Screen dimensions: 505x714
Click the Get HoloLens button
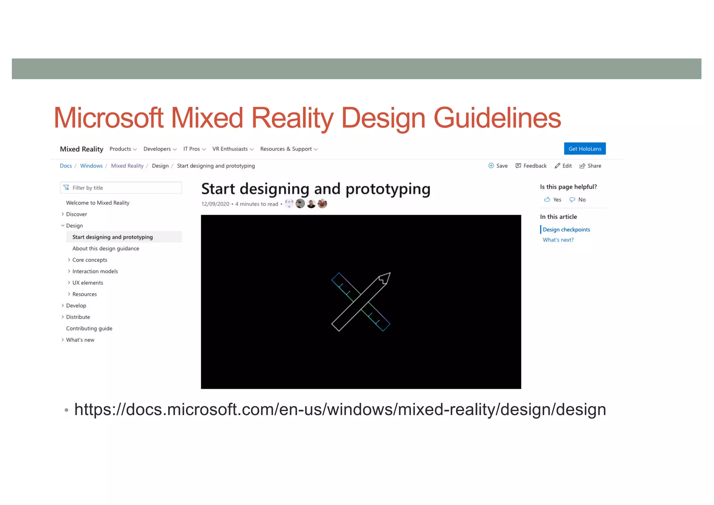[585, 149]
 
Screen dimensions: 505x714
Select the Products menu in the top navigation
[123, 149]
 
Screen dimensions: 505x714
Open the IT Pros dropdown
[194, 149]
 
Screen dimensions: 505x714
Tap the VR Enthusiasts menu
[233, 149]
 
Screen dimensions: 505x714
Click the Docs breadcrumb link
[66, 166]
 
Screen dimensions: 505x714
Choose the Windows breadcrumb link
[91, 166]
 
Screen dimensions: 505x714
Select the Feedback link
[531, 166]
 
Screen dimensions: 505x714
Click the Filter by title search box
[121, 188]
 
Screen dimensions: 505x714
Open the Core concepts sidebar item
[90, 260]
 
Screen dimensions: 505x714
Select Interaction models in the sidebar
[95, 271]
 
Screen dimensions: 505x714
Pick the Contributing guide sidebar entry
[89, 329]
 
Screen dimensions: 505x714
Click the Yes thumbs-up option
[553, 199]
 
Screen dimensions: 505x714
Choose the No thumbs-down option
[578, 199]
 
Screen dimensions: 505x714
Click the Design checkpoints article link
[566, 229]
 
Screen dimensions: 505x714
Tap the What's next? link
[558, 240]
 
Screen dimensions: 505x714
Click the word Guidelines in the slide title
[497, 118]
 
